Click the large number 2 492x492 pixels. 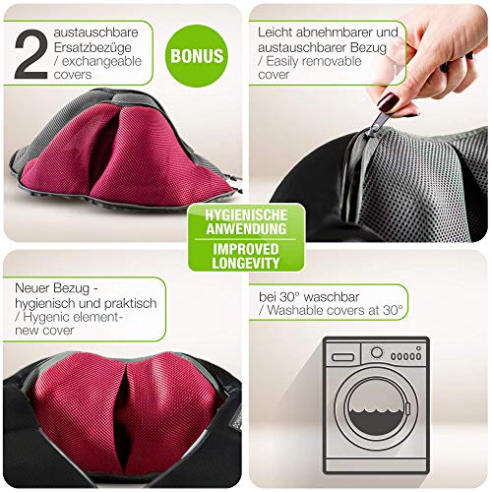pyautogui.click(x=31, y=54)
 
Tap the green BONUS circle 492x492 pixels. pyautogui.click(x=197, y=56)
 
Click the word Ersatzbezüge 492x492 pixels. pyautogui.click(x=92, y=47)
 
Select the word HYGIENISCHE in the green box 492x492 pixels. pyautogui.click(x=246, y=215)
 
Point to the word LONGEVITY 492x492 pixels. pyautogui.click(x=246, y=263)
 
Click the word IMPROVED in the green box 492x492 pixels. pyautogui.click(x=246, y=249)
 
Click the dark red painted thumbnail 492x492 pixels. pyautogui.click(x=388, y=102)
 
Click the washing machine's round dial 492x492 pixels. pyautogui.click(x=377, y=353)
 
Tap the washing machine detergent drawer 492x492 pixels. pyautogui.click(x=342, y=357)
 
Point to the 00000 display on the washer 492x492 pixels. pyautogui.click(x=405, y=356)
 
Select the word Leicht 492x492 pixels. pyautogui.click(x=275, y=32)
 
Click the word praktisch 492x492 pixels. pyautogui.click(x=131, y=303)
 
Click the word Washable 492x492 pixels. pyautogui.click(x=292, y=310)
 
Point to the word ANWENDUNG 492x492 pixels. pyautogui.click(x=246, y=228)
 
